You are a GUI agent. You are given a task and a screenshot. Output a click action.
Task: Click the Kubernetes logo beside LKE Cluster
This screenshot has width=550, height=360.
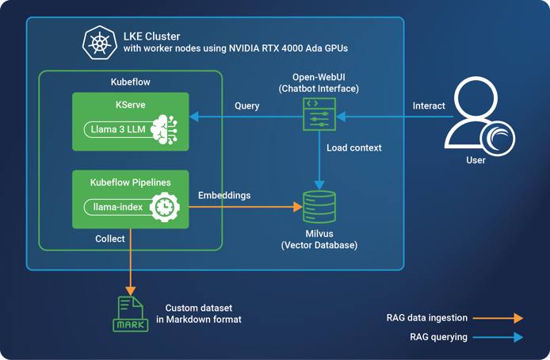(100, 43)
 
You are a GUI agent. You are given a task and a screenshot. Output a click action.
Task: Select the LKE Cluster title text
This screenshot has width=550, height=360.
(151, 36)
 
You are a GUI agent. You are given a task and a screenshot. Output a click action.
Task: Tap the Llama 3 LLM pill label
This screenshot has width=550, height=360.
(118, 128)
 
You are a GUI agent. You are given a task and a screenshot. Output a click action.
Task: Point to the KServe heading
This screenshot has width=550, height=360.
(131, 105)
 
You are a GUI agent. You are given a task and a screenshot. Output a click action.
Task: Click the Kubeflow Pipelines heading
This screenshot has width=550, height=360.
(131, 182)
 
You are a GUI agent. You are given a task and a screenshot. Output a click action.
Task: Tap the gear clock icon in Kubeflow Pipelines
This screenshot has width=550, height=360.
(164, 207)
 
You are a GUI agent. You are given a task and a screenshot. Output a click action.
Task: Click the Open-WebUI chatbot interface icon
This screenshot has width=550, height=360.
(319, 114)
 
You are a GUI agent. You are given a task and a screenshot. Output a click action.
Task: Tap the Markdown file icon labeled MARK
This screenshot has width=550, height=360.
(131, 314)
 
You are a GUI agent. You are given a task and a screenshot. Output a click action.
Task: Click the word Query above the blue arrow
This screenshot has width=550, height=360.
(247, 105)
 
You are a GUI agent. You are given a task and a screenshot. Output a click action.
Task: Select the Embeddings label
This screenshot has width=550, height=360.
(223, 195)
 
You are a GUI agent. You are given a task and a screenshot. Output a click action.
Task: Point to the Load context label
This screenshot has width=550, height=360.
(354, 147)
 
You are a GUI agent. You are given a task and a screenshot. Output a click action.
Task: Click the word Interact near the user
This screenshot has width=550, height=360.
(429, 105)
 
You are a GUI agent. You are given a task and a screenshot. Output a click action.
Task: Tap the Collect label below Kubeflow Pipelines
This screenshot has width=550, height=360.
(110, 238)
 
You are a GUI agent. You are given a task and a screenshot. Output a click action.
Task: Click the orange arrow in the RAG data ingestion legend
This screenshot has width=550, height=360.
(498, 318)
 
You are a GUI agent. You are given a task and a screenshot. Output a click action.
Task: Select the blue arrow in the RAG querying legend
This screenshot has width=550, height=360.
(498, 337)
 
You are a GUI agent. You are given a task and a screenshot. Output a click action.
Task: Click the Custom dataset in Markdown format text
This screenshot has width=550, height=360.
(203, 313)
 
